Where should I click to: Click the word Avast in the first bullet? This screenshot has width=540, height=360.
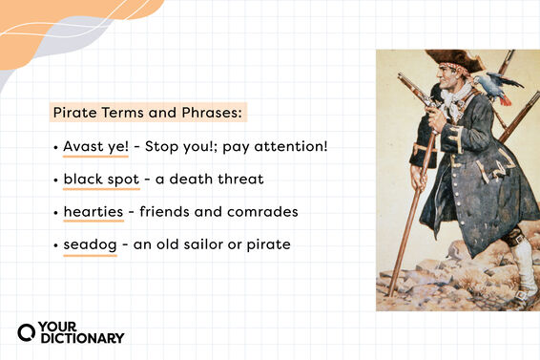tap(82, 147)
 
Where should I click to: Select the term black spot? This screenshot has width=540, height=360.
tap(101, 180)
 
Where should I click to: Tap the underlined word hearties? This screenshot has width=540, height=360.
tap(92, 212)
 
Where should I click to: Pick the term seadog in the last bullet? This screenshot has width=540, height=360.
tap(90, 244)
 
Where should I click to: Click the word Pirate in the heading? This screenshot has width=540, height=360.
tap(73, 113)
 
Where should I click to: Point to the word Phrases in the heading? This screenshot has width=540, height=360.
tap(212, 113)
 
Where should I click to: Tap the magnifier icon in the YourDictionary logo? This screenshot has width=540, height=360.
tap(27, 332)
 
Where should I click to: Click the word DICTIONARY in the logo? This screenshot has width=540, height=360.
tap(81, 338)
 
